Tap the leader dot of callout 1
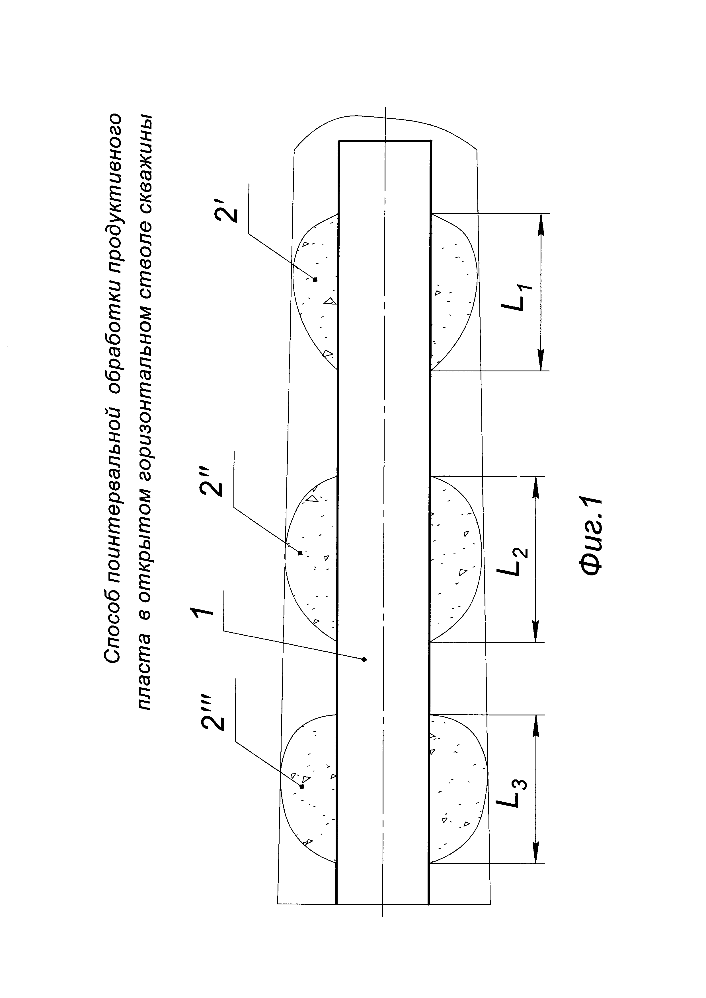(364, 659)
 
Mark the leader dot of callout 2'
(315, 279)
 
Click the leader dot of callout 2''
(300, 553)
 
